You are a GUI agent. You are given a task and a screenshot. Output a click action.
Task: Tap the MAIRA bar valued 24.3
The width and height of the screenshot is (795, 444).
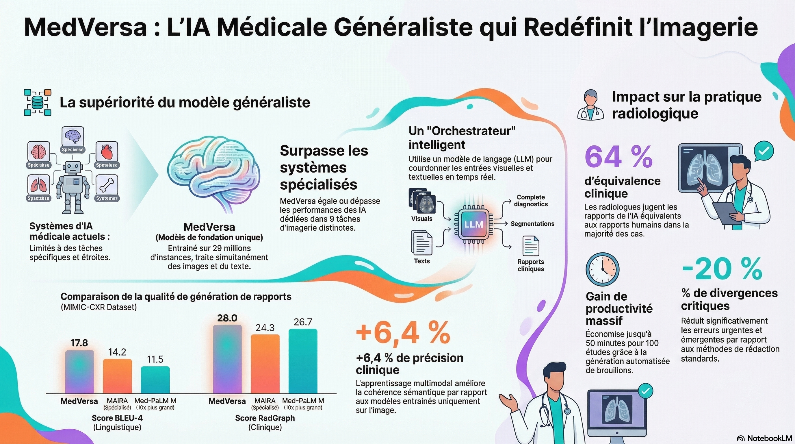coord(265,364)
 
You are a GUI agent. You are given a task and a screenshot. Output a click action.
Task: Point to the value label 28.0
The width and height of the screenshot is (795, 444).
coord(227,318)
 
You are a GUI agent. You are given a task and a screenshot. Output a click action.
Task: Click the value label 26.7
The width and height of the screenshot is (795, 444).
coord(303,322)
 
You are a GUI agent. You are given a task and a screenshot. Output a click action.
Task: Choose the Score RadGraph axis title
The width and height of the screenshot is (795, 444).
coord(265,418)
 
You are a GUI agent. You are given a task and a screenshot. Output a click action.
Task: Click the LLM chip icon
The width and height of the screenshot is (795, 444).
coord(474,225)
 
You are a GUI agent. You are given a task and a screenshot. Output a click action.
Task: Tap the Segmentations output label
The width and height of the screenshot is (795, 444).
coord(532,224)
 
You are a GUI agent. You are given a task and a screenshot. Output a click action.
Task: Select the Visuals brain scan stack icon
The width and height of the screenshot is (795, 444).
coord(422,201)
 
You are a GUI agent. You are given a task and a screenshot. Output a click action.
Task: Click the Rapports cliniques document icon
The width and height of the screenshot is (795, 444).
coord(531,246)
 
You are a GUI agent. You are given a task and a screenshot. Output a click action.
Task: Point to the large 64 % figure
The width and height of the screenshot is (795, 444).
coord(618,158)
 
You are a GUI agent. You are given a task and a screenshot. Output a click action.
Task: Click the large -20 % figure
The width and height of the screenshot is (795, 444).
coord(722,269)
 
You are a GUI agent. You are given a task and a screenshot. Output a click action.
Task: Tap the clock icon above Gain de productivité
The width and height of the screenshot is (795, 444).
coord(602,269)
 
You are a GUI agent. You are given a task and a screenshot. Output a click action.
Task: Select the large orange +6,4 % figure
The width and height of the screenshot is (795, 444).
coord(403,333)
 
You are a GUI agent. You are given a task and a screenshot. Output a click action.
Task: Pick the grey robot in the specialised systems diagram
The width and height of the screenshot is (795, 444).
coord(73,187)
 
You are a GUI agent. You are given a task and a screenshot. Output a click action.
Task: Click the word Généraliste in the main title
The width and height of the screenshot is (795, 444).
coord(403,27)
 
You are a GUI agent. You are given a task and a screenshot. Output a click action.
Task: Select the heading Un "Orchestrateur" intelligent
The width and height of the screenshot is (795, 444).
coord(462,138)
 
